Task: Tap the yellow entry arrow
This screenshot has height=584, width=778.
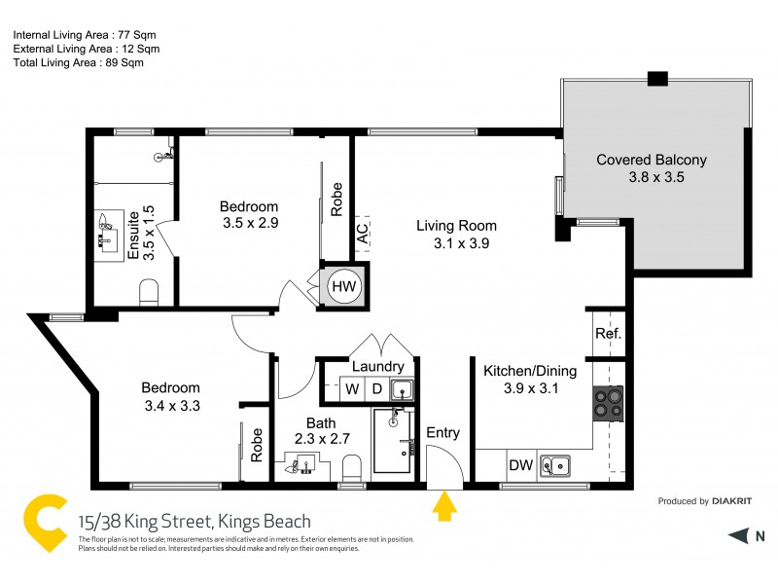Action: (445, 506)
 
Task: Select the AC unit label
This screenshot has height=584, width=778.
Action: (362, 234)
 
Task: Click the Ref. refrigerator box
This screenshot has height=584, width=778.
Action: (608, 334)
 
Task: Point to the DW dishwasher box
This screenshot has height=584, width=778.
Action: (521, 465)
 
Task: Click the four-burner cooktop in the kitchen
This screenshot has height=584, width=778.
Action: (609, 403)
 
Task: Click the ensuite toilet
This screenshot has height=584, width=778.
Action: (150, 291)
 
